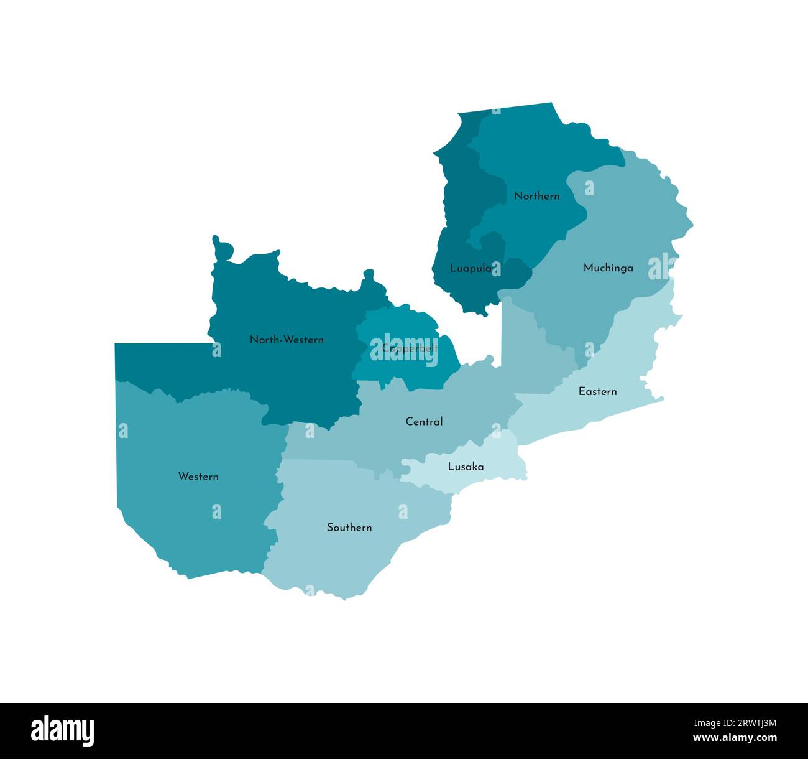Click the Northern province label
536,196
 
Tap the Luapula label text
471,269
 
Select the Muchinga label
608,268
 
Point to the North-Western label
287,340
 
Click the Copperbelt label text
410,348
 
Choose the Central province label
424,422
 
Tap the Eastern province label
597,391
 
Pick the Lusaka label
466,467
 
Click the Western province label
198,477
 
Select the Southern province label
349,528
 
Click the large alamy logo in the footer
63,730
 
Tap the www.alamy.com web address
735,738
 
